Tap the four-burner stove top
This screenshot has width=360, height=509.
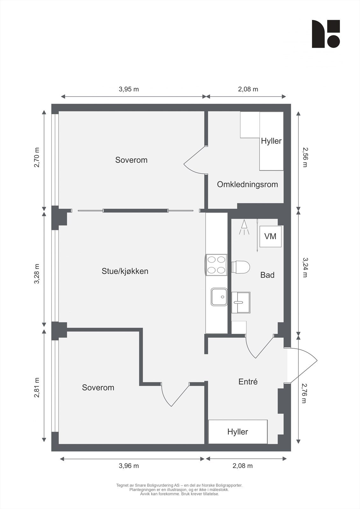click(x=216, y=265)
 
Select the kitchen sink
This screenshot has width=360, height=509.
click(x=219, y=297)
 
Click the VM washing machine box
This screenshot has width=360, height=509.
click(x=270, y=236)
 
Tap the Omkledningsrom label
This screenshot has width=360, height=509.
click(x=247, y=185)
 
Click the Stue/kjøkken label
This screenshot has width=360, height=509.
click(x=125, y=271)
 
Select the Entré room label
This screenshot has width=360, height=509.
click(x=248, y=382)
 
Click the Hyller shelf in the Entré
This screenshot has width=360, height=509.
click(x=237, y=432)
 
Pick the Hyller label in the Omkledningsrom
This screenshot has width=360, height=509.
click(x=271, y=141)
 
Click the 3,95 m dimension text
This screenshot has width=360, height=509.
click(x=129, y=89)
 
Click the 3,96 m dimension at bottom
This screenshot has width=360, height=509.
click(x=129, y=466)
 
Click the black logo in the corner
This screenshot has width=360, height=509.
click(x=326, y=34)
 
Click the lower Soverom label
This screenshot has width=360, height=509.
click(x=98, y=387)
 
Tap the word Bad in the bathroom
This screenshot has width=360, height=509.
click(x=267, y=275)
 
